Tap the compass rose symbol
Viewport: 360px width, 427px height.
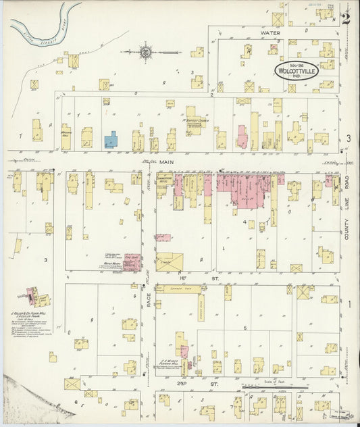click(145, 51)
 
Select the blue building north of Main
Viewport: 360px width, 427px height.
click(111, 140)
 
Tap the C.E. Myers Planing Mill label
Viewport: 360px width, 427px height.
click(170, 362)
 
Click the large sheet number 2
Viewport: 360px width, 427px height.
click(346, 18)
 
